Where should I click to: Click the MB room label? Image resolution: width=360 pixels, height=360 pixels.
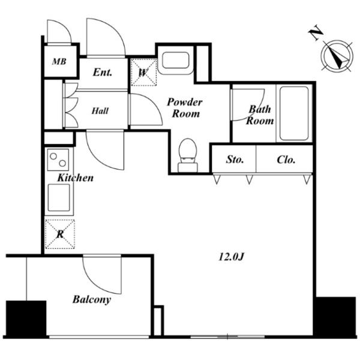click(x=59, y=62)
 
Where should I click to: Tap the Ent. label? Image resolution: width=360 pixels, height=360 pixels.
click(x=103, y=73)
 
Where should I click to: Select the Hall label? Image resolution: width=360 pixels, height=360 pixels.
click(x=100, y=111)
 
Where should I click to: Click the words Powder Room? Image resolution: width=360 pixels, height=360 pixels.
click(x=185, y=107)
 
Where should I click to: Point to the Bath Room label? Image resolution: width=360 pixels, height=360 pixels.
click(x=260, y=115)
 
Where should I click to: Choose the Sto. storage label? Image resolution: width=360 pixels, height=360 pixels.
click(x=235, y=160)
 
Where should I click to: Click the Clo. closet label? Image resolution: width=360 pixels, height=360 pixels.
click(x=286, y=160)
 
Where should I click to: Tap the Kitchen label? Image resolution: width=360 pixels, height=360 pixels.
click(x=76, y=178)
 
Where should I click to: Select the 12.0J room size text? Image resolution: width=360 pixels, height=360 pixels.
click(x=231, y=257)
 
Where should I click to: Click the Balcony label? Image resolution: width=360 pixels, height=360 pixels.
click(x=92, y=299)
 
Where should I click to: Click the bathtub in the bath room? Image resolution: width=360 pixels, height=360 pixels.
click(x=294, y=113)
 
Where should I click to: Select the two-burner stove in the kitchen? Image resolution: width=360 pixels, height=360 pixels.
click(x=58, y=160)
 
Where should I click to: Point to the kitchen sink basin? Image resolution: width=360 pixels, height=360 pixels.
click(x=59, y=197)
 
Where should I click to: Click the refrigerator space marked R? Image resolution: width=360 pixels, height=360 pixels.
click(x=60, y=234)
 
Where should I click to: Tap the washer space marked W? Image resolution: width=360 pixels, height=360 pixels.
click(x=144, y=73)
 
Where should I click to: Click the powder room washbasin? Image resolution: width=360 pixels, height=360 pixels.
click(x=176, y=61)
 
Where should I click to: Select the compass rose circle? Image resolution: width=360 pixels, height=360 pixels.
click(x=337, y=56)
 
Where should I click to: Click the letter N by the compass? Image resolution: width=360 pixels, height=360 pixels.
click(x=316, y=32)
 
